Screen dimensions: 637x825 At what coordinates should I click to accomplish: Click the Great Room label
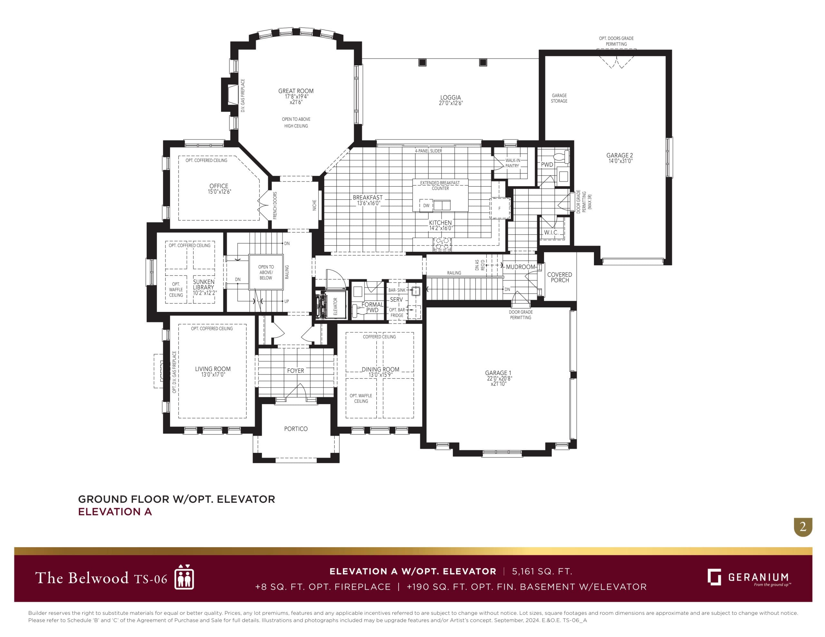point(296,91)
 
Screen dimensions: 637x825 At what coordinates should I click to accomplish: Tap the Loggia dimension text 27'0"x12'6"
point(450,103)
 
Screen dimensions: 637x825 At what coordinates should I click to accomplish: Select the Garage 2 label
point(619,155)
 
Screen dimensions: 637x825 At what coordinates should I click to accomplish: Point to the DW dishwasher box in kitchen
point(426,206)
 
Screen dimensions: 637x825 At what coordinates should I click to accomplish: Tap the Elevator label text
point(335,306)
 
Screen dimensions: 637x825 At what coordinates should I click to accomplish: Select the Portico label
point(296,429)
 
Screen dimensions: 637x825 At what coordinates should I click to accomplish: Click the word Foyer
point(296,370)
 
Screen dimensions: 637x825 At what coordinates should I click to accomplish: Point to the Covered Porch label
point(559,277)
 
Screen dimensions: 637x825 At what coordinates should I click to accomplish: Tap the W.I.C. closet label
point(551,232)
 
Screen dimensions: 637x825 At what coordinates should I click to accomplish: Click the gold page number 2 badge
point(803,526)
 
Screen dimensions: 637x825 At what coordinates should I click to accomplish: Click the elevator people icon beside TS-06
point(184,577)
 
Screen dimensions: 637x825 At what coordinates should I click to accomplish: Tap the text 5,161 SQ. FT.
point(542,571)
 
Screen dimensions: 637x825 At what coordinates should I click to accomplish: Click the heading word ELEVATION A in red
point(115,512)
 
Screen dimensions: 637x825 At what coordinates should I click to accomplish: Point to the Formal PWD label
point(372,307)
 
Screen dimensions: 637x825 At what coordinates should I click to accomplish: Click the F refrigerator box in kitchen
point(500,208)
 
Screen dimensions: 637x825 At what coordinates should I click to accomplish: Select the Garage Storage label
point(559,98)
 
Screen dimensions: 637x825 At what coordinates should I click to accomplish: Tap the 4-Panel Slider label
point(428,151)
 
